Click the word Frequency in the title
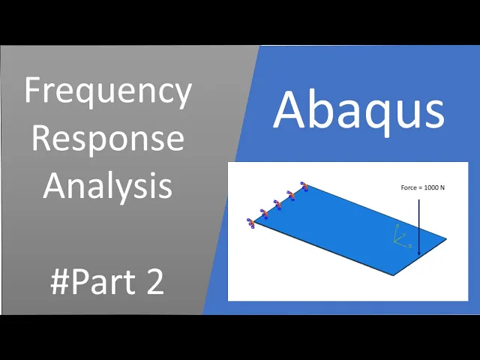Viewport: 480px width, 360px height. pyautogui.click(x=108, y=91)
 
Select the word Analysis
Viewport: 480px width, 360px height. pyautogui.click(x=108, y=186)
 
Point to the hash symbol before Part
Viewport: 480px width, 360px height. pyautogui.click(x=60, y=282)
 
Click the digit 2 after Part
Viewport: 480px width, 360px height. pyautogui.click(x=155, y=282)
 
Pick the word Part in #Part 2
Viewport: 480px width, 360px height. pyautogui.click(x=103, y=282)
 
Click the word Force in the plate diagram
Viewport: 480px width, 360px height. pyautogui.click(x=409, y=187)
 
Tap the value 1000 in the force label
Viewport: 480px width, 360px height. pyautogui.click(x=432, y=187)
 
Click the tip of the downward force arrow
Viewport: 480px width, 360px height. pyautogui.click(x=419, y=255)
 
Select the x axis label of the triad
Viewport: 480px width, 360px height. pyautogui.click(x=410, y=246)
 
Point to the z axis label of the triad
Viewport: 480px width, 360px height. pyautogui.click(x=397, y=226)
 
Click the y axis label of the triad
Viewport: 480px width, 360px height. pyautogui.click(x=404, y=235)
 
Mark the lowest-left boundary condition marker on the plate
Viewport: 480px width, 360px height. pyautogui.click(x=251, y=223)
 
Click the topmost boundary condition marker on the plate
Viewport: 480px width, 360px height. pyautogui.click(x=304, y=186)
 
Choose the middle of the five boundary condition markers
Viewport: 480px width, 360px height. pyautogui.click(x=277, y=204)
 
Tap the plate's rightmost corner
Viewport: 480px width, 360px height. pyautogui.click(x=446, y=238)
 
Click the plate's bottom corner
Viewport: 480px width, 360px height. pyautogui.click(x=393, y=275)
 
